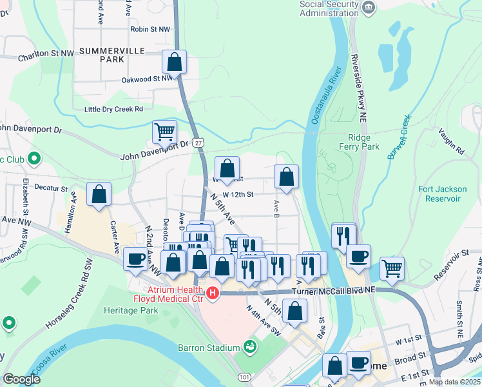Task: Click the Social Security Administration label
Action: (x=329, y=9)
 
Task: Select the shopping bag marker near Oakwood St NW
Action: (x=174, y=62)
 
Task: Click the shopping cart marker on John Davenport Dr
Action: (x=165, y=132)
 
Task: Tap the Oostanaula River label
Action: (x=326, y=95)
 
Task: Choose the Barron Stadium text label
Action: (x=209, y=348)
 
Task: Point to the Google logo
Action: (x=21, y=379)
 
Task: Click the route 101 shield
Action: (x=244, y=376)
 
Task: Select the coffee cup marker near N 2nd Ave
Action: (x=135, y=258)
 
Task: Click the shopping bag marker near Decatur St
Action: (x=99, y=194)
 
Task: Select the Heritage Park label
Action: (x=131, y=310)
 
